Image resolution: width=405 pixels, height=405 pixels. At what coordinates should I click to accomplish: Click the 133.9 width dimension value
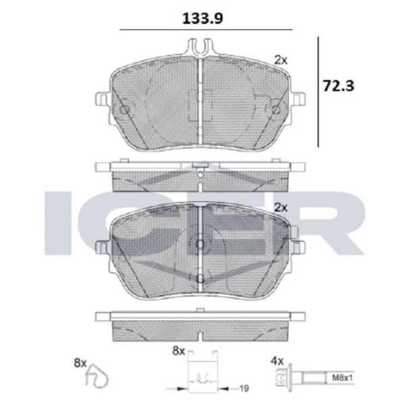pyautogui.click(x=203, y=18)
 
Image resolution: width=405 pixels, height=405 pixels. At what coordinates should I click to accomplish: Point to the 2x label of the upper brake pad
pyautogui.click(x=281, y=59)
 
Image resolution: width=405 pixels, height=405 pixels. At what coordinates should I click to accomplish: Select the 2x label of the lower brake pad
pyautogui.click(x=281, y=207)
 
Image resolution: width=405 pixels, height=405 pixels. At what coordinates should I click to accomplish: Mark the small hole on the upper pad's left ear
pyautogui.click(x=123, y=109)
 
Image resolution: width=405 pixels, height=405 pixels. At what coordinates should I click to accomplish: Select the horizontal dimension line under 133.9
pyautogui.click(x=205, y=30)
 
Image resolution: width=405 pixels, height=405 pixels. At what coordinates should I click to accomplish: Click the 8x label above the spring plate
pyautogui.click(x=178, y=351)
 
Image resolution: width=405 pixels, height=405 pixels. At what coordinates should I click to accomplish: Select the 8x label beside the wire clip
pyautogui.click(x=80, y=363)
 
